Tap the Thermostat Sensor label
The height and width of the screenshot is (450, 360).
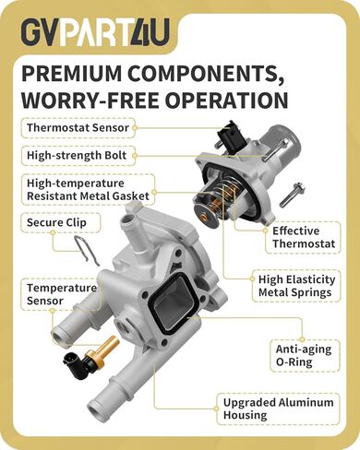(78, 128)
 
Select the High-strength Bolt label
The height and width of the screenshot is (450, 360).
(78, 155)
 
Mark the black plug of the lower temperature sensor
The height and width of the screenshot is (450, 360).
(78, 362)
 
